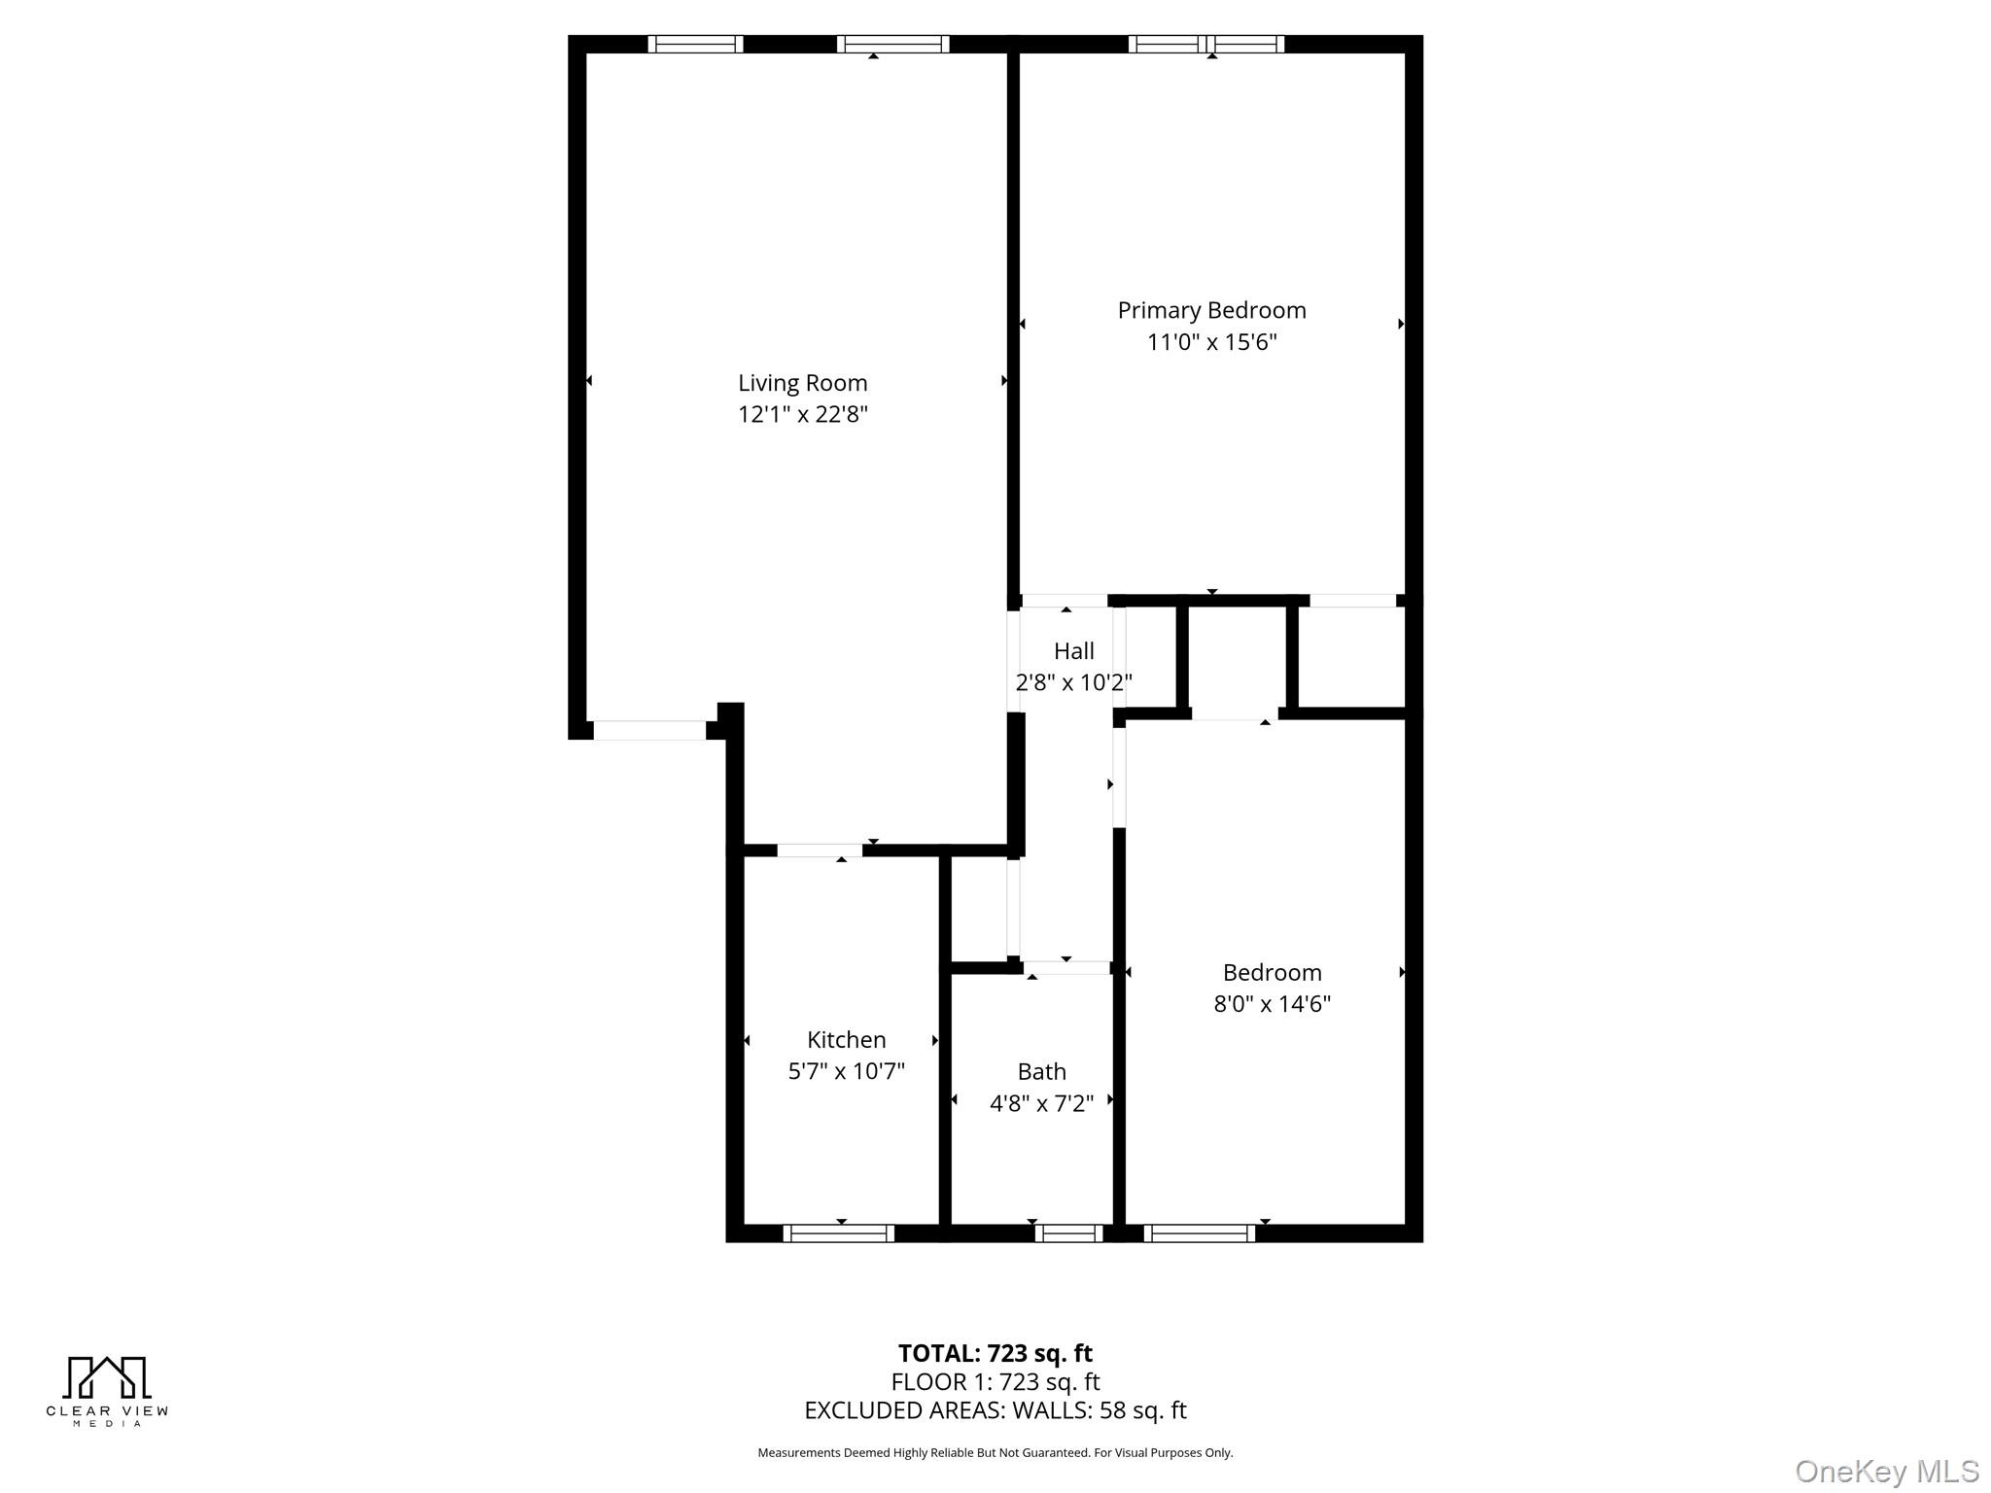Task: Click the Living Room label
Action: pos(802,383)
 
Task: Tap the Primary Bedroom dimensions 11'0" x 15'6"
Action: pos(1211,342)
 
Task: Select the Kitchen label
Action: pos(846,1040)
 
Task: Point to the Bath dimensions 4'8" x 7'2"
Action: pos(1041,1103)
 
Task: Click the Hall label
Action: pos(1073,651)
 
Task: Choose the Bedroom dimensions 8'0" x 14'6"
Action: pos(1272,1004)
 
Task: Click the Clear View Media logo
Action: pos(107,1390)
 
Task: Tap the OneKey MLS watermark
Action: pos(1886,1472)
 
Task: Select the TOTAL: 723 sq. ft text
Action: pos(995,1353)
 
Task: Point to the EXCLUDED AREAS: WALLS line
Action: pos(995,1410)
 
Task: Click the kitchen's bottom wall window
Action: pos(838,1233)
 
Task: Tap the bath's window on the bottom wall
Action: pos(1067,1233)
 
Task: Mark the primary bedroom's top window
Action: pos(1205,44)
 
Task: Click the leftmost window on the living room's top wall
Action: pos(695,44)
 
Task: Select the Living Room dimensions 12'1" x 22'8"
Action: pos(802,415)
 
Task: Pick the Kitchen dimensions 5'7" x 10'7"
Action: pos(846,1071)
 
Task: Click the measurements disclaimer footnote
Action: pos(995,1453)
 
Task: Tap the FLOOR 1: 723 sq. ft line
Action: pos(995,1382)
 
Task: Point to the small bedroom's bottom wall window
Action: pos(1199,1233)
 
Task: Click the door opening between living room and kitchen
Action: pos(819,851)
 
